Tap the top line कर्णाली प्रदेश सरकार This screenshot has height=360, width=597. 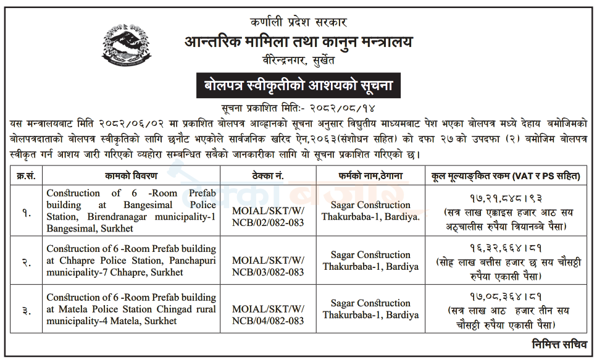(298, 22)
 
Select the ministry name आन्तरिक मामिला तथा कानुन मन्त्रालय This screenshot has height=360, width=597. (298, 42)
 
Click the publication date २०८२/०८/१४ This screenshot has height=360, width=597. (345, 107)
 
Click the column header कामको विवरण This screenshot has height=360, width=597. (131, 176)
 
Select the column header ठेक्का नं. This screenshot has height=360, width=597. (268, 176)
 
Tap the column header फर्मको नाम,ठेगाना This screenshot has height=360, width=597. (369, 176)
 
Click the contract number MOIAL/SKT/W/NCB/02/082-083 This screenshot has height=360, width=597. (268, 211)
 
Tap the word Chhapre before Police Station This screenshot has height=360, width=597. (77, 261)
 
